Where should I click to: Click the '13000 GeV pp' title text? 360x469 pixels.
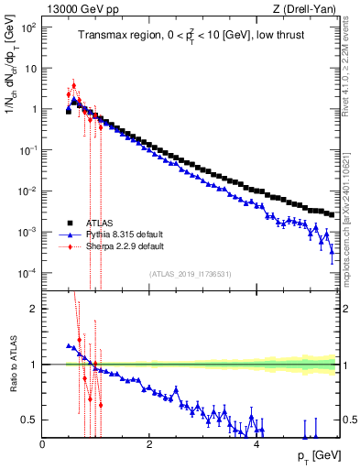pos(80,10)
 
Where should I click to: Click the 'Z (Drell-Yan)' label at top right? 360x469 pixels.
pos(303,10)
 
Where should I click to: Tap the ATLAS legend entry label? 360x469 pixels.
pos(102,223)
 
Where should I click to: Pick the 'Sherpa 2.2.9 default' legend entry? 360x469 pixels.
pos(125,246)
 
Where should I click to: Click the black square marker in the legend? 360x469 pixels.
pos(69,223)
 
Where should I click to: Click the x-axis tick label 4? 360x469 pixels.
pos(256,444)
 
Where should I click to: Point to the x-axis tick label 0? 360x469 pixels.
pos(43,444)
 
